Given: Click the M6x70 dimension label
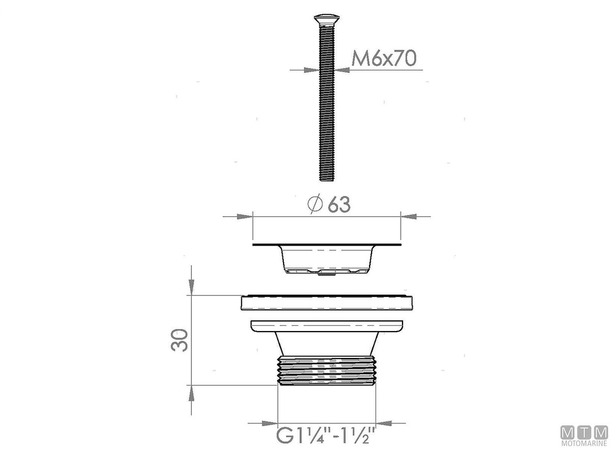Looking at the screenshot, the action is click(x=383, y=58).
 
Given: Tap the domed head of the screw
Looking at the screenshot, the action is click(x=326, y=19).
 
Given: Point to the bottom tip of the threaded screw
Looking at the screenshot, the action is click(x=326, y=180).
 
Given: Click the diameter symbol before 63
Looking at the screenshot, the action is click(x=315, y=204).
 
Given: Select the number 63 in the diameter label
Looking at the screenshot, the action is click(x=339, y=205).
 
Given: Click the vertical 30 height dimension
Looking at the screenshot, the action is click(x=179, y=340).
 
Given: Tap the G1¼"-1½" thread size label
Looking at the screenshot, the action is click(x=325, y=435).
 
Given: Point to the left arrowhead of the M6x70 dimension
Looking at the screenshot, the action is click(x=311, y=70).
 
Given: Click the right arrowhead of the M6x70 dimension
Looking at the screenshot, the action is click(x=342, y=70).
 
